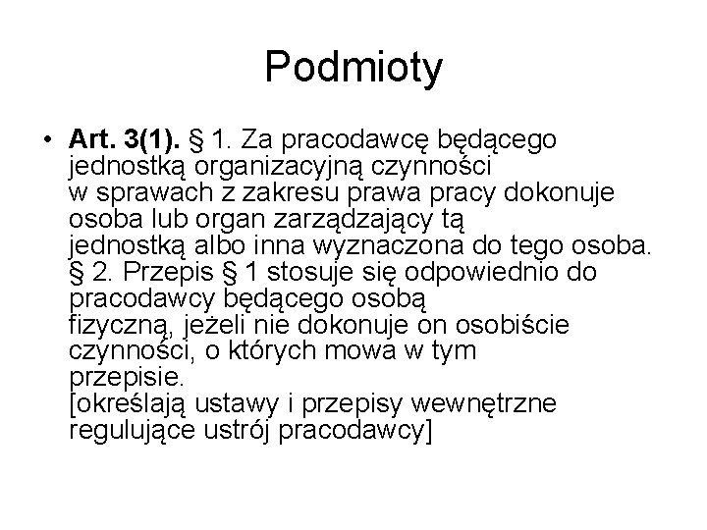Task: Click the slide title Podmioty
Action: tap(353, 69)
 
